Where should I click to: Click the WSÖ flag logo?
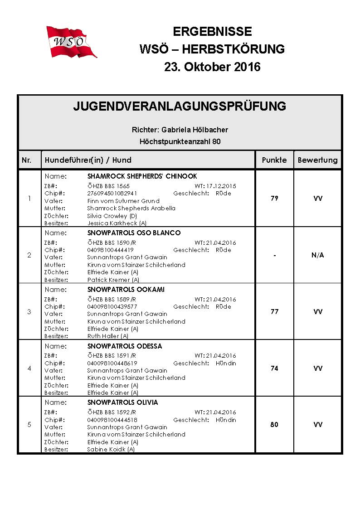71,42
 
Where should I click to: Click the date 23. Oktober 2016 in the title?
212,67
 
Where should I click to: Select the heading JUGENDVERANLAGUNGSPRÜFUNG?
180,107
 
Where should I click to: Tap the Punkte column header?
274,160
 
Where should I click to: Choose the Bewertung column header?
317,160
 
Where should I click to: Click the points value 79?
274,199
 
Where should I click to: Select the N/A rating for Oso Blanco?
317,255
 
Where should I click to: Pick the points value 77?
274,312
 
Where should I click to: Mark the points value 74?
274,368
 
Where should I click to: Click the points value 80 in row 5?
274,425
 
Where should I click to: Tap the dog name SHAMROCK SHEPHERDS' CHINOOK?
142,176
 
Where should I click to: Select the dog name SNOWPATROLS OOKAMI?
126,290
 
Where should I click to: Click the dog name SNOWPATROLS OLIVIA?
122,402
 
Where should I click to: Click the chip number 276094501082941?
112,193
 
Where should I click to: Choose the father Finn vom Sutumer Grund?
123,201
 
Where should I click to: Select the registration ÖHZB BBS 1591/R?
112,356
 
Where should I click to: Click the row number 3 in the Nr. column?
29,312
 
